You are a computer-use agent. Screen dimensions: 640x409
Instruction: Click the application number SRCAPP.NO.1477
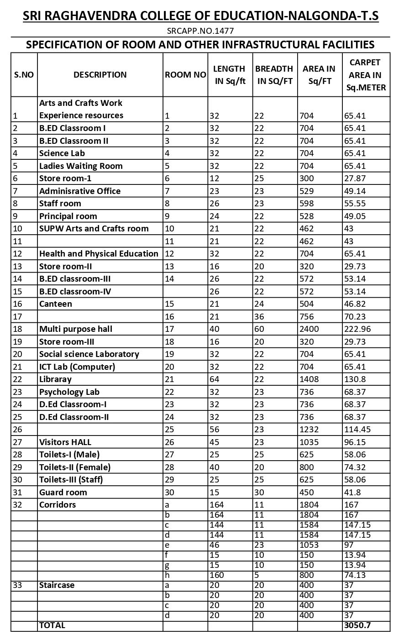pos(200,31)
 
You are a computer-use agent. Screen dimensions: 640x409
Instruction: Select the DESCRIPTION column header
pos(100,75)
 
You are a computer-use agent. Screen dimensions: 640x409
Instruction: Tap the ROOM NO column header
pos(185,75)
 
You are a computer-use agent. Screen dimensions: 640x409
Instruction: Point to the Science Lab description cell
pos(62,153)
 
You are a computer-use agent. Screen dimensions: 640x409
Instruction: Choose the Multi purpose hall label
pos(76,329)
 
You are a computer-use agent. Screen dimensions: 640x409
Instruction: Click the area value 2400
pos(309,329)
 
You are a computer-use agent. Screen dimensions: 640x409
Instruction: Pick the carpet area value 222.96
pos(358,329)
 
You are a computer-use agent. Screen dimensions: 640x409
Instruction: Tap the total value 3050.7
pos(357,625)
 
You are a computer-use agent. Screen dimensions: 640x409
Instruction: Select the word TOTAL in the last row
pos(52,625)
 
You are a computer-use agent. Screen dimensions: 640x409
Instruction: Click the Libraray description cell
pos(55,379)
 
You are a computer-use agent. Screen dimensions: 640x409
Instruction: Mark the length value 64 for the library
pos(215,379)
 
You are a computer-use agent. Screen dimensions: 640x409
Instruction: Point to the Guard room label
pos(63,493)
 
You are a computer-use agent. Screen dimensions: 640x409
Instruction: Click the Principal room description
pos(68,216)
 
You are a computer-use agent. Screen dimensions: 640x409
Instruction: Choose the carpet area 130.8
pos(355,379)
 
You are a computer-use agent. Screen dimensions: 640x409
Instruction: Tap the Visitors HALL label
pos(65,442)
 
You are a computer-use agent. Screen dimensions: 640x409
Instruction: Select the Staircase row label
pos(57,585)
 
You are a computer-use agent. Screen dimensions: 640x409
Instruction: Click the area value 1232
pos(309,430)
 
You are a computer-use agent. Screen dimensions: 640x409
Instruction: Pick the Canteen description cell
pos(56,304)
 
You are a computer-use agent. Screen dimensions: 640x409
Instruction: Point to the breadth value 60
pos(259,329)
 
